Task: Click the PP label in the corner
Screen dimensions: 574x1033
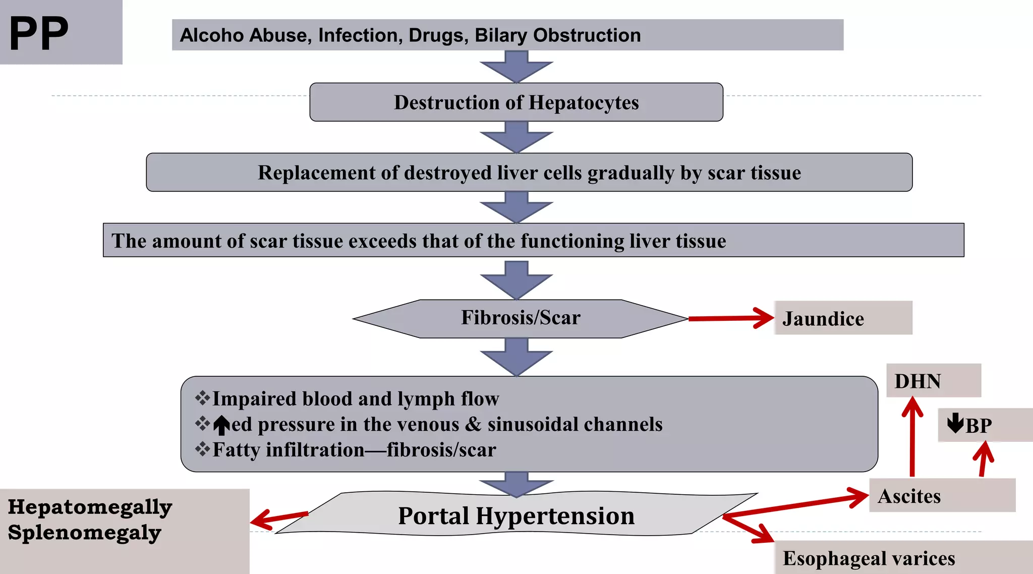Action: (39, 33)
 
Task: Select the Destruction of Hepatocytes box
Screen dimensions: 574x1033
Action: (516, 102)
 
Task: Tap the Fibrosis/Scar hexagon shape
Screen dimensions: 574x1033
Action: (520, 318)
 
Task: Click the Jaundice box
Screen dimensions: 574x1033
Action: (842, 318)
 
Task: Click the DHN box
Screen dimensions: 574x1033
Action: (933, 381)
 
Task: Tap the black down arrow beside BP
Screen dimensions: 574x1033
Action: (955, 423)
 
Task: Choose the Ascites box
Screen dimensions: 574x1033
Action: (941, 496)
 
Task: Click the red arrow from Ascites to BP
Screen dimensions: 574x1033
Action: (983, 459)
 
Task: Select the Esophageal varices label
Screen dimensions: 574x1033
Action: (869, 558)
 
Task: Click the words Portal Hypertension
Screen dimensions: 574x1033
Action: (516, 515)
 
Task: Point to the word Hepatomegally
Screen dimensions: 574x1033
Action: (90, 507)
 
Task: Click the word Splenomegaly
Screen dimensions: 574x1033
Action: (84, 533)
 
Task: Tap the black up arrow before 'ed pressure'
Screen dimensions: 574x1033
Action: (221, 425)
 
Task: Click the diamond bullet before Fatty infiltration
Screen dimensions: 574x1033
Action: (202, 448)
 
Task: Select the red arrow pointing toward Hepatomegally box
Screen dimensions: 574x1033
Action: (278, 519)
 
